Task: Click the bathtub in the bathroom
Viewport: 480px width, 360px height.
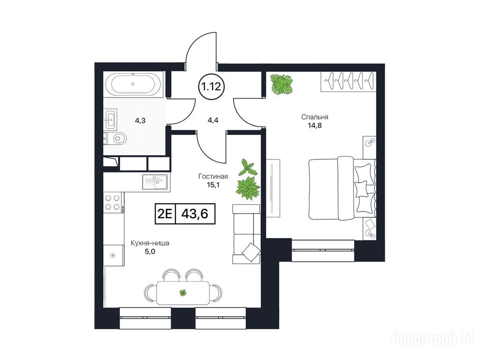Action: pyautogui.click(x=133, y=84)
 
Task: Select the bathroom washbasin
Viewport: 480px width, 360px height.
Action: pyautogui.click(x=110, y=119)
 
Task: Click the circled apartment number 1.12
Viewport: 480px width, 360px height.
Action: pyautogui.click(x=211, y=87)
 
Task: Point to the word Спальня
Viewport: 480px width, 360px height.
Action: pyautogui.click(x=315, y=117)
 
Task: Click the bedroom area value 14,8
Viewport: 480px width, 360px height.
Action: pyautogui.click(x=315, y=125)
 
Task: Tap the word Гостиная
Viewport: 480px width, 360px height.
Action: pyautogui.click(x=213, y=176)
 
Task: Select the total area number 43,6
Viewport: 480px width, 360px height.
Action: pyautogui.click(x=195, y=214)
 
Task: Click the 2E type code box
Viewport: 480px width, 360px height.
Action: pyautogui.click(x=165, y=214)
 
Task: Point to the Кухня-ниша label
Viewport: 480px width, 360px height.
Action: pyautogui.click(x=150, y=243)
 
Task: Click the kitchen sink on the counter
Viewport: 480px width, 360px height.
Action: pyautogui.click(x=155, y=181)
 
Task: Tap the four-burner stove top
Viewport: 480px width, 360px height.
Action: pyautogui.click(x=112, y=202)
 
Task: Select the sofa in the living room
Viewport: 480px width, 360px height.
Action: pyautogui.click(x=247, y=234)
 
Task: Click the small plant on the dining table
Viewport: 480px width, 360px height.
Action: pyautogui.click(x=183, y=293)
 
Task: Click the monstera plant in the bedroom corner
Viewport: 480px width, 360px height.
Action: pyautogui.click(x=282, y=84)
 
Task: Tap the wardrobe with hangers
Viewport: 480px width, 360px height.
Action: pyautogui.click(x=348, y=81)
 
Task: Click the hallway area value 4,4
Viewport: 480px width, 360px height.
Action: pyautogui.click(x=213, y=120)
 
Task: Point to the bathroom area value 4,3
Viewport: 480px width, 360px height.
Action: pyautogui.click(x=140, y=120)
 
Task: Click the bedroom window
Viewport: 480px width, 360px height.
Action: pyautogui.click(x=323, y=251)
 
